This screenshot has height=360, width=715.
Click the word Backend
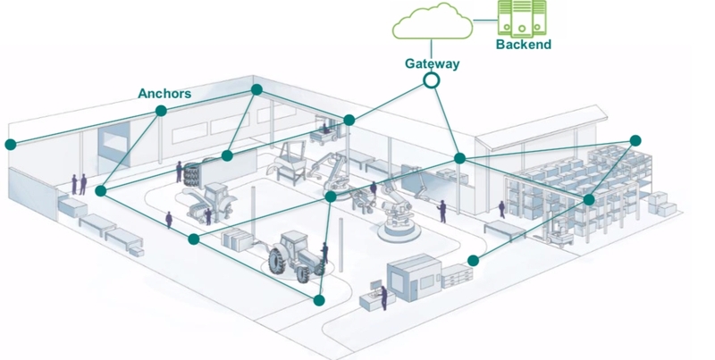(x=524, y=44)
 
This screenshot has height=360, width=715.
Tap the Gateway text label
(x=432, y=63)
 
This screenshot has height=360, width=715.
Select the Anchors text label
(x=164, y=92)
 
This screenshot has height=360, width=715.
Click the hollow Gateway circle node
(x=432, y=80)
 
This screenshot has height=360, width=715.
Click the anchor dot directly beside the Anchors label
(x=161, y=111)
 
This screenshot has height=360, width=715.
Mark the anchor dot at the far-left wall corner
(x=10, y=144)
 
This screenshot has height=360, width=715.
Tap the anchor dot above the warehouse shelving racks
(x=635, y=140)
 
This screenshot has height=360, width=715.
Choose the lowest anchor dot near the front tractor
(x=318, y=299)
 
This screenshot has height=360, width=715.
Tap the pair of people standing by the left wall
(x=79, y=183)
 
